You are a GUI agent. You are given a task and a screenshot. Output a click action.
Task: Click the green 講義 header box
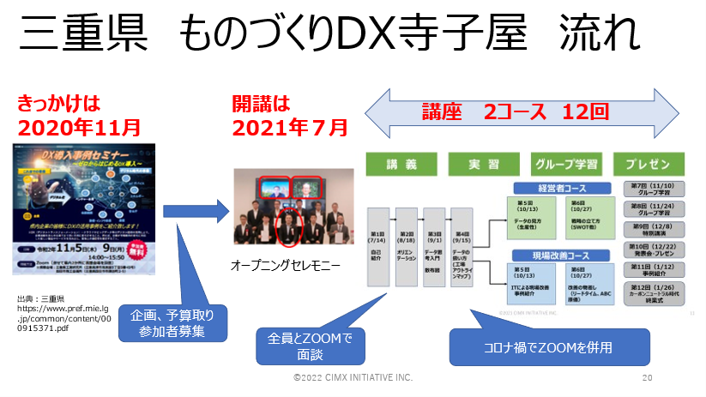[402, 163]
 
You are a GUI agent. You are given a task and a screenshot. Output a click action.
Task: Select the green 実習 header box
[484, 163]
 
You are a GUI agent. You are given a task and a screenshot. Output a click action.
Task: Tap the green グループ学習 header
[566, 163]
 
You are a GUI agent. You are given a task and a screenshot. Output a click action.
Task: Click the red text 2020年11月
[79, 128]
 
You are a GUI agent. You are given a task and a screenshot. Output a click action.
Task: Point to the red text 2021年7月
[290, 128]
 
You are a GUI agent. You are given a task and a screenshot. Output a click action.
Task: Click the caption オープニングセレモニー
[286, 266]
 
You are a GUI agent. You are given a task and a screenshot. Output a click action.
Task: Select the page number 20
[648, 377]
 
